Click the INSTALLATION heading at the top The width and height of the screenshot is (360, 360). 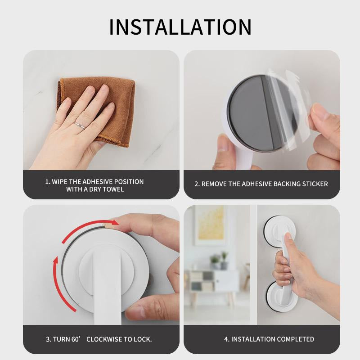(180, 27)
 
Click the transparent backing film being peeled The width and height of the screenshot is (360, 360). (287, 110)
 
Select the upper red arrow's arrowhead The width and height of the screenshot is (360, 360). (114, 222)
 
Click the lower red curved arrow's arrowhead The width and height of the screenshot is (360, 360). (56, 260)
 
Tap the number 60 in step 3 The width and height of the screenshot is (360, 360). (75, 339)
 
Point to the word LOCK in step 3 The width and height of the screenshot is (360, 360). (142, 339)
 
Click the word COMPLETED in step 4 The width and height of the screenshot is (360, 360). (295, 339)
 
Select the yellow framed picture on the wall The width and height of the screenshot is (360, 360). (210, 225)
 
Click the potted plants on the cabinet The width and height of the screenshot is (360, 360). (219, 261)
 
